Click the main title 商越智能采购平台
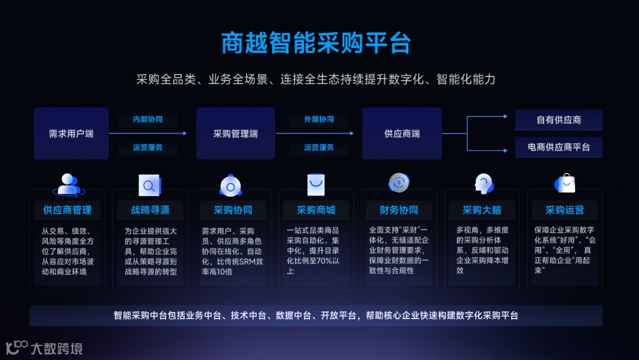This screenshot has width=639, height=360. (316, 43)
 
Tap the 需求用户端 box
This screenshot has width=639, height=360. (71, 134)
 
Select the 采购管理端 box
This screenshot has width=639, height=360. (235, 134)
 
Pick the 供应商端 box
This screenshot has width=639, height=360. (402, 134)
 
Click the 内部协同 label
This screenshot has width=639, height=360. (148, 120)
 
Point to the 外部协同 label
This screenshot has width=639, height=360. (319, 120)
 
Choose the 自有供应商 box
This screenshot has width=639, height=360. (559, 120)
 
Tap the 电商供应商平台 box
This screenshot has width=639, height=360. (559, 147)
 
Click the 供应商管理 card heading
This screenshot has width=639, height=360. (67, 210)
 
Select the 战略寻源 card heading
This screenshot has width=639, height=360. (150, 210)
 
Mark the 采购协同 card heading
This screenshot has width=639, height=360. (233, 210)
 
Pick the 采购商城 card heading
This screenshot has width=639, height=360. (316, 210)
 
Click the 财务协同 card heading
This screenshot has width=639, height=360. (399, 210)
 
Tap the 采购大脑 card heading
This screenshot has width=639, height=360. (482, 210)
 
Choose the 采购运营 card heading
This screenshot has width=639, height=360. (564, 210)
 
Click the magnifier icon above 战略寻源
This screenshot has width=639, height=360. (150, 185)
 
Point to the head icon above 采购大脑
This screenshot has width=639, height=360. (483, 184)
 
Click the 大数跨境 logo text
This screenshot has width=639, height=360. (56, 348)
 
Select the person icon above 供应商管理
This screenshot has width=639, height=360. (69, 184)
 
